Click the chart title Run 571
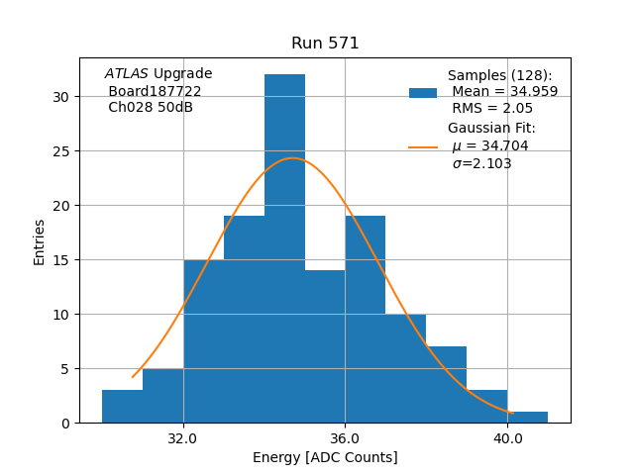[325, 44]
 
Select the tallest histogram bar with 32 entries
[284, 247]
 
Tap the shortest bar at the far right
[527, 418]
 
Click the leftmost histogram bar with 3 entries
[122, 407]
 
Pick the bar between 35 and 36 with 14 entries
[325, 346]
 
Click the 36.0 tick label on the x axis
[345, 437]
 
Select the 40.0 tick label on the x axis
[507, 437]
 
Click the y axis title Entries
[40, 241]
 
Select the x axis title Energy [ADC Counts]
[325, 457]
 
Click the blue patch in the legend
[423, 93]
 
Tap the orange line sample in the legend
[423, 146]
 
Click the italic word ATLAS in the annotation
[126, 73]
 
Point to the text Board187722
[155, 91]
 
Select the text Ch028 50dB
[151, 107]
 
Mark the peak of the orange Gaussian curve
[292, 158]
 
